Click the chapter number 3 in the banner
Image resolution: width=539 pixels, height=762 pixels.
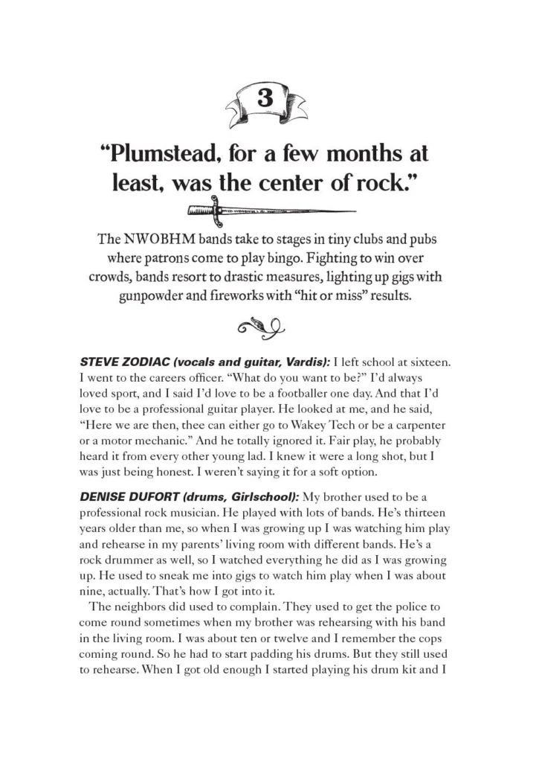point(268,97)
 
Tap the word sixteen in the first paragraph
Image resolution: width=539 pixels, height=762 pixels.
point(428,361)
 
